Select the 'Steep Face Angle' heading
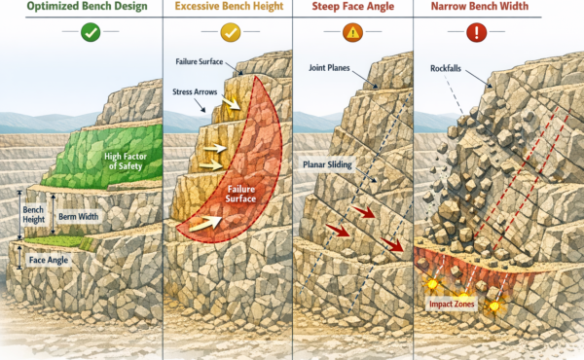pyautogui.click(x=352, y=8)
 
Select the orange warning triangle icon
pyautogui.click(x=352, y=32)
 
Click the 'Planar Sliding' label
pyautogui.click(x=330, y=164)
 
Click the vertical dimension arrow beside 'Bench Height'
pyautogui.click(x=20, y=216)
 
